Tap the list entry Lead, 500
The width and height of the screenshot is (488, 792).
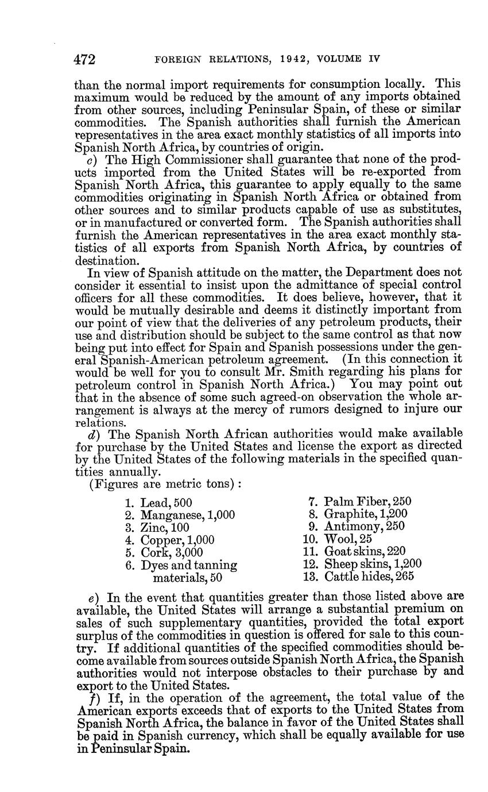(x=159, y=504)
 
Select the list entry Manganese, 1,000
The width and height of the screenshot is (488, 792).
(x=180, y=515)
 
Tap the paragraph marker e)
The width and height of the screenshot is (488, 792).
(x=87, y=598)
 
